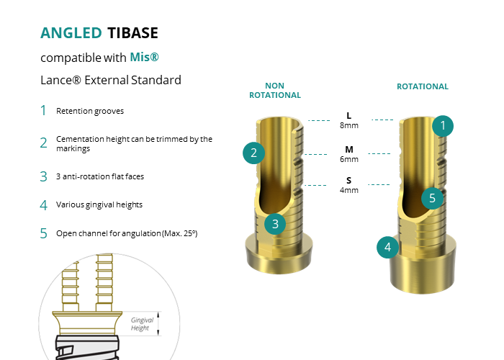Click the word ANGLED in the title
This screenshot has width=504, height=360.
71,33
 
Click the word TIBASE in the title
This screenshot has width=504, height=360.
132,33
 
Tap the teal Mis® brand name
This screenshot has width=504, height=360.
144,57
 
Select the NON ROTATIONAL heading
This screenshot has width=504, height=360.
275,90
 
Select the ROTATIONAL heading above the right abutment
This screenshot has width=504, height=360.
423,86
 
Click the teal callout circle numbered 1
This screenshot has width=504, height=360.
443,126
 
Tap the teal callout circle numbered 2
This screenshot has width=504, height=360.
253,153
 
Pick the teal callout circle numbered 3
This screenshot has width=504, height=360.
275,224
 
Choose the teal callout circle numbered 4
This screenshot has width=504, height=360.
387,247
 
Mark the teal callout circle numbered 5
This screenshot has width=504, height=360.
432,198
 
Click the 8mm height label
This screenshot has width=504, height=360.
349,125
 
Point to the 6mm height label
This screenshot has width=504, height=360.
349,159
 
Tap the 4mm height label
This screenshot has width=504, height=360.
349,190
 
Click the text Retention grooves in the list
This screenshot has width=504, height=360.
90,111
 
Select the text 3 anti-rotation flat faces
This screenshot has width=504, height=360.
100,176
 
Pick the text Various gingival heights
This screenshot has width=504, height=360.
99,204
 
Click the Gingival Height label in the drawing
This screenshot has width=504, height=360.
142,324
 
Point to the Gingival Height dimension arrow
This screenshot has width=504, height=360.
158,324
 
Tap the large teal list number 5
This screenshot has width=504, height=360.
43,233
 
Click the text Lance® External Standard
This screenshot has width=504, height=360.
111,80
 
